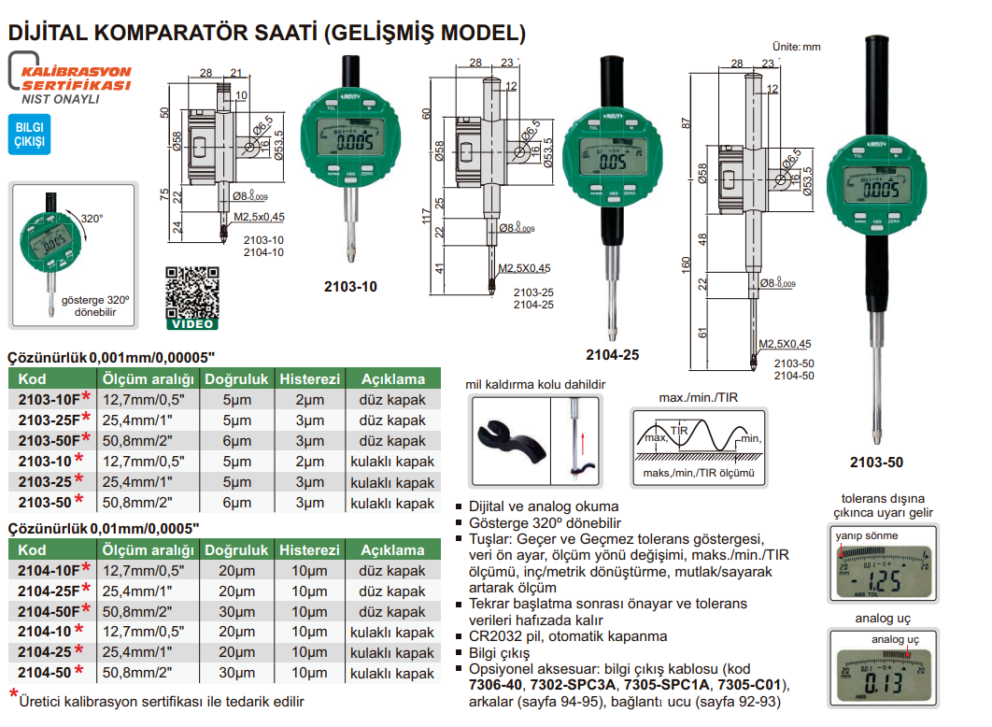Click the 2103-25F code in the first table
pos(49,421)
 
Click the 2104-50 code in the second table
pos(46,673)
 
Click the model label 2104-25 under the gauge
pos(612,354)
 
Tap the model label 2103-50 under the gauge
pos(876,463)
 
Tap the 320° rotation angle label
pos(90,219)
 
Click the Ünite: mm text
pos(795,46)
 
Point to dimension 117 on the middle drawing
pos(427,216)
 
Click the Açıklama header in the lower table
pos(392,550)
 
